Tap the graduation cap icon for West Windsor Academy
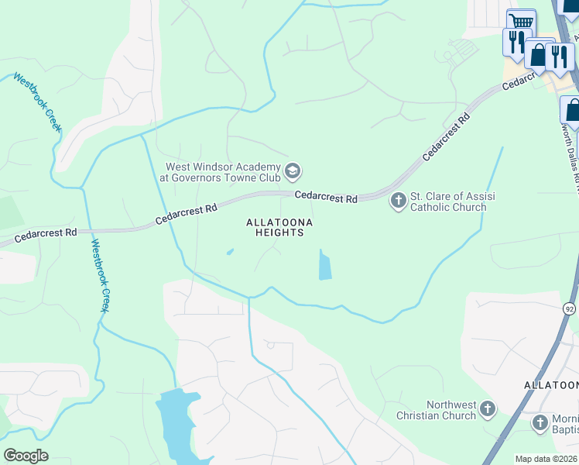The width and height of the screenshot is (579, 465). [x=293, y=170]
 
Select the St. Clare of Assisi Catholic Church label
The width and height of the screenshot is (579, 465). [x=448, y=201]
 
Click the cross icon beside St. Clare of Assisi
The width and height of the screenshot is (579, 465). [x=398, y=201]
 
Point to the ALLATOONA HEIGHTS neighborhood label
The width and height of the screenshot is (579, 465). [x=279, y=227]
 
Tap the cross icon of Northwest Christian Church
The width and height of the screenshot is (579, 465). [x=488, y=408]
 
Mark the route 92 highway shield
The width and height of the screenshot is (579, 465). [x=569, y=308]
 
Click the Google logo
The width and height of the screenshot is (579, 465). [x=26, y=455]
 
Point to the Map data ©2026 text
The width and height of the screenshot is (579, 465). [x=546, y=459]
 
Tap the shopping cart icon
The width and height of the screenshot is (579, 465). [x=522, y=21]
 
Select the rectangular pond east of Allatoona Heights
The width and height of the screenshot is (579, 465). [x=324, y=265]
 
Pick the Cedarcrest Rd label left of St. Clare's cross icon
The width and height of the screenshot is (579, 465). [x=326, y=198]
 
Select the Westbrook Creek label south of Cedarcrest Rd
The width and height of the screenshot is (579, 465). [x=98, y=275]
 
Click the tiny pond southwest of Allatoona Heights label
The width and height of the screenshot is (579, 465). [x=230, y=251]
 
